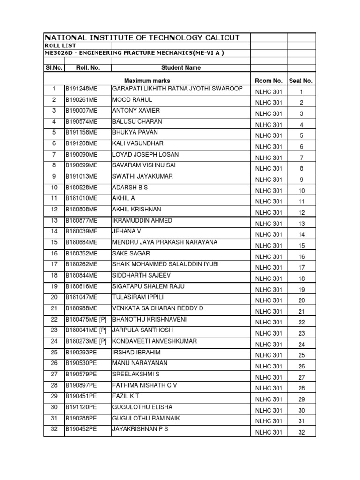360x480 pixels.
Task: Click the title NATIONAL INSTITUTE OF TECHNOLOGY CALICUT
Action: tap(142, 37)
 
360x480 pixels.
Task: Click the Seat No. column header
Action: tap(301, 81)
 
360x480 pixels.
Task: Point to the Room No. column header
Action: tap(269, 81)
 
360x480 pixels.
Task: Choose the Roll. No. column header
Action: tap(88, 67)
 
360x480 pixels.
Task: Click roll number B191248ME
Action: tap(82, 89)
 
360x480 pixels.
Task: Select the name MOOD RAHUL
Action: tap(132, 100)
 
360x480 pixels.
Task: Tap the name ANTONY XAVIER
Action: tap(136, 111)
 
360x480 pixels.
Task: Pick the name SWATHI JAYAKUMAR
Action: tap(142, 177)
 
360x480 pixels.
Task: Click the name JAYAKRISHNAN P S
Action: tap(140, 429)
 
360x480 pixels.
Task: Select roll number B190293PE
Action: tap(81, 352)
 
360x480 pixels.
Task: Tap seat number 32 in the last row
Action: tap(301, 433)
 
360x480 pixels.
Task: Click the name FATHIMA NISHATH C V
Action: tap(144, 385)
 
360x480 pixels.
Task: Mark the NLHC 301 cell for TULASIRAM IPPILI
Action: tap(269, 300)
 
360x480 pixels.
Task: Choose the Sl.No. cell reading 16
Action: tap(54, 253)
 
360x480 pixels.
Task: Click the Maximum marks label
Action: tap(147, 81)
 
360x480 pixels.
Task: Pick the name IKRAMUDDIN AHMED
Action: tap(142, 220)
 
